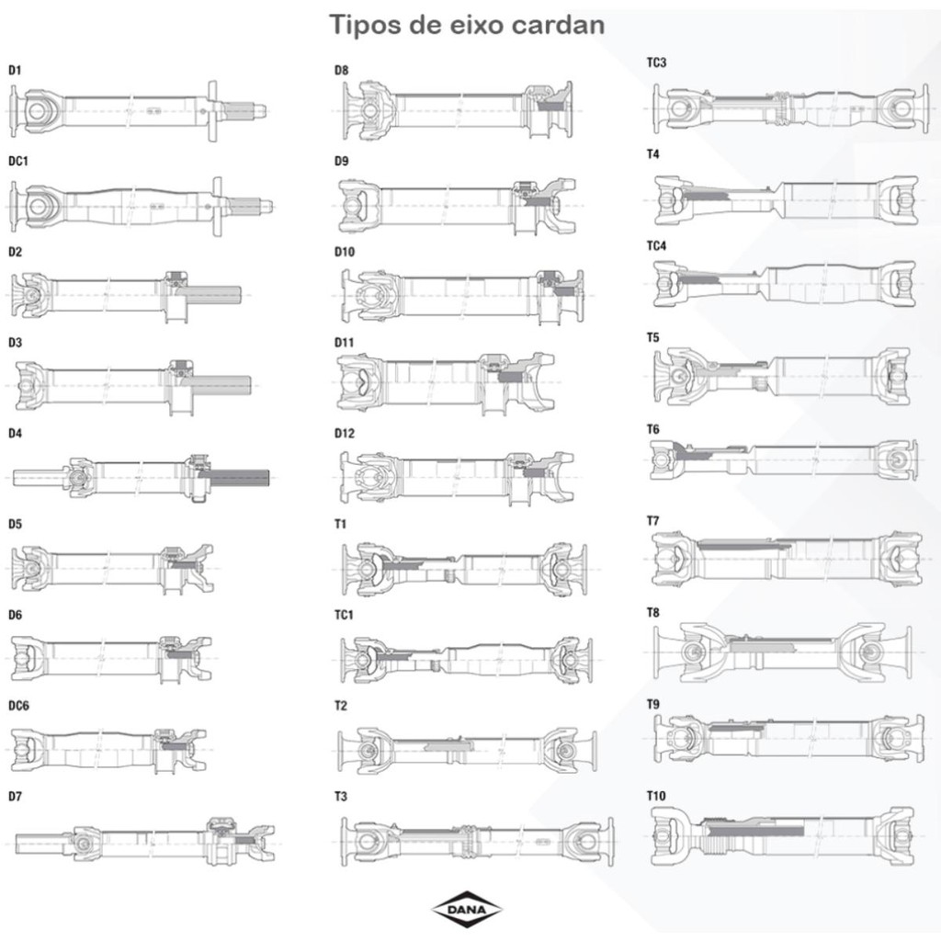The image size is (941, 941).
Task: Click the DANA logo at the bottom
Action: (x=467, y=909)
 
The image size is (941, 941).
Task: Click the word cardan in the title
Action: (x=557, y=25)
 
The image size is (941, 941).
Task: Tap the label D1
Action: (x=15, y=70)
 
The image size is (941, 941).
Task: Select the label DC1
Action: (x=18, y=161)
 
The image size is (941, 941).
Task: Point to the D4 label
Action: (x=15, y=433)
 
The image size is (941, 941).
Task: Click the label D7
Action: (x=15, y=796)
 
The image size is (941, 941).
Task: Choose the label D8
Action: (x=341, y=70)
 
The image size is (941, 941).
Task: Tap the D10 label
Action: (x=344, y=252)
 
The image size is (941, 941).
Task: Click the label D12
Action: (x=344, y=433)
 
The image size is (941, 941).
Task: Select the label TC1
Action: (x=345, y=615)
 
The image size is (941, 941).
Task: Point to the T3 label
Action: (x=341, y=796)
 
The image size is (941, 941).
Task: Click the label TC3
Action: (x=656, y=62)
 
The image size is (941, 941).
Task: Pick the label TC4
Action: (x=656, y=246)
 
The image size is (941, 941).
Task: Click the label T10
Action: (x=656, y=796)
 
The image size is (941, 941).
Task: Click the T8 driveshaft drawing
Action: (x=782, y=652)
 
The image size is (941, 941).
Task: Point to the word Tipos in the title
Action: (x=365, y=25)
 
